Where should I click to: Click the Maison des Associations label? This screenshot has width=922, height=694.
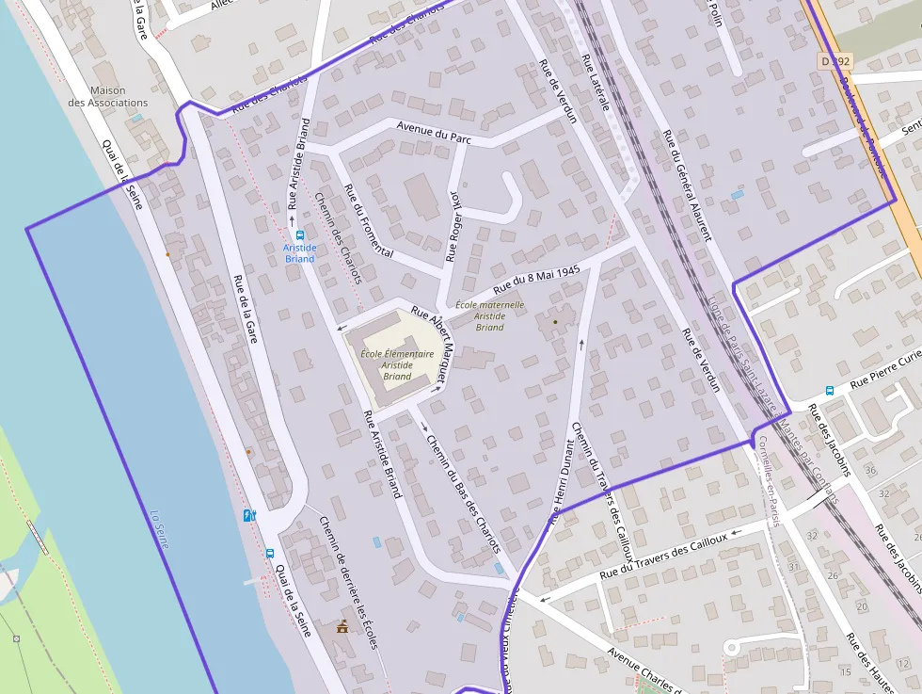point(107,96)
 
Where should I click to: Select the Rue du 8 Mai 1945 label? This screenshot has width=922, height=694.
point(534,277)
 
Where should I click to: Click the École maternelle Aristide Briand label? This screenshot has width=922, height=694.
point(489,315)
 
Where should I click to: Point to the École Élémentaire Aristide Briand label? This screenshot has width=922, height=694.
point(397,364)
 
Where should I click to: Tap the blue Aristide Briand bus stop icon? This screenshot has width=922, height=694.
point(299,235)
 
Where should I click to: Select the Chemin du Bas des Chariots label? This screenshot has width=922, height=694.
point(463,492)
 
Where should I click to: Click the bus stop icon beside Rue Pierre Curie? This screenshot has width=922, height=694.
point(830,390)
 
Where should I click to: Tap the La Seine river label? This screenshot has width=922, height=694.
point(160,529)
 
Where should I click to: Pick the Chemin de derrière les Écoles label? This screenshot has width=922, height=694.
point(347,582)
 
